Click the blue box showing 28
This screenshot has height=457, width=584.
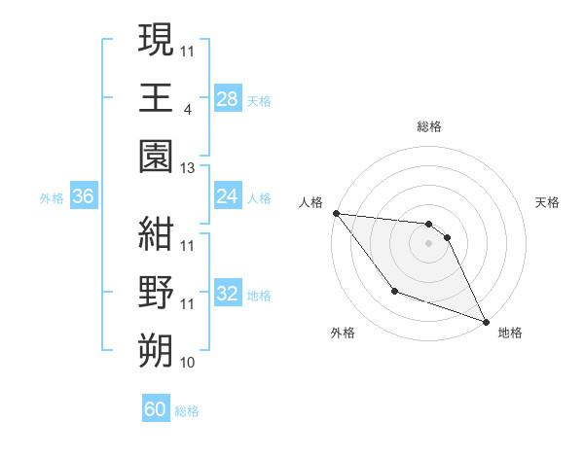[227, 98]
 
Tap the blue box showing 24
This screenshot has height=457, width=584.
[227, 196]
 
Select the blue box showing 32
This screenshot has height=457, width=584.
[227, 294]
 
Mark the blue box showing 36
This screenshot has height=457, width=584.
[83, 196]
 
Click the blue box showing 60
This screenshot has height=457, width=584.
[156, 409]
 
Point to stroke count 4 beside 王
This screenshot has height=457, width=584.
[187, 109]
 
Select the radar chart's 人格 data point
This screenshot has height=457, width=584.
[336, 213]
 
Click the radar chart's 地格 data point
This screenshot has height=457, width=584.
[486, 321]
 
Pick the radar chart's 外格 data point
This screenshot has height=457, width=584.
[394, 291]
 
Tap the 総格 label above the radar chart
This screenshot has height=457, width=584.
[429, 126]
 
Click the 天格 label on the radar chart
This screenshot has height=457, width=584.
[547, 202]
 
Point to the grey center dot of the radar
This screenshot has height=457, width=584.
[428, 243]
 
